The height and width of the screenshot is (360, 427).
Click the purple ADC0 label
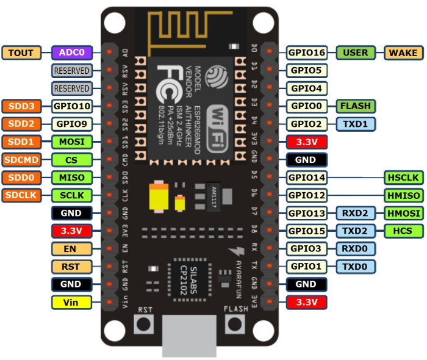[71, 52]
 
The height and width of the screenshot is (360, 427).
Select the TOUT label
[21, 52]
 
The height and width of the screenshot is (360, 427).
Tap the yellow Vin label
[71, 301]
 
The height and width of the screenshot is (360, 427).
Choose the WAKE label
[403, 52]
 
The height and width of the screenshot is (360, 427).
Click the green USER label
[356, 52]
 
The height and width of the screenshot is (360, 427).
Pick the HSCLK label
[403, 178]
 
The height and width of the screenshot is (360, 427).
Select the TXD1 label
[356, 124]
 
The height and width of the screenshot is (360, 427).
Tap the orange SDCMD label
[21, 160]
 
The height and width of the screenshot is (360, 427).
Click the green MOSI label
[71, 142]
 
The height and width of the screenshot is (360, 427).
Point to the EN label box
[71, 248]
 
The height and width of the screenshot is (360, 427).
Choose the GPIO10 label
[71, 106]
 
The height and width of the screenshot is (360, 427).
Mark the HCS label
[403, 231]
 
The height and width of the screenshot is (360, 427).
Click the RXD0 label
[356, 248]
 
